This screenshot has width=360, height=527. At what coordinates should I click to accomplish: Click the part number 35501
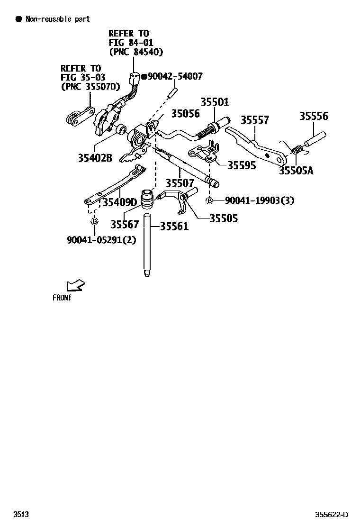click(x=215, y=102)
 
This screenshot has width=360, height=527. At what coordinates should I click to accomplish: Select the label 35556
click(x=314, y=116)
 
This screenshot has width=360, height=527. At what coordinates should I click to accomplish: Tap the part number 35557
click(x=255, y=120)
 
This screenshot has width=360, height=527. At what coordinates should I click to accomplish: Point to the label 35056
click(x=185, y=114)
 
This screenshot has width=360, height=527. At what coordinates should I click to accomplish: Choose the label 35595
click(x=242, y=165)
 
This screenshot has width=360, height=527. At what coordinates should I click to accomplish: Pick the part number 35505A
click(x=296, y=171)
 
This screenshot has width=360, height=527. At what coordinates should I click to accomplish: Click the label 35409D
click(x=120, y=203)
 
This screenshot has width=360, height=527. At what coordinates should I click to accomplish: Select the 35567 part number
click(x=125, y=224)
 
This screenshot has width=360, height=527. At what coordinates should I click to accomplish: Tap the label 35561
click(x=174, y=227)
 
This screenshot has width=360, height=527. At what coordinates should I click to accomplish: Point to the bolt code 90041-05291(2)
click(x=101, y=240)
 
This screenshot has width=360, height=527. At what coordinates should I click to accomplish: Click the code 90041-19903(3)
click(x=259, y=200)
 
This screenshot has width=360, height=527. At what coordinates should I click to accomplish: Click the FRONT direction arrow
click(x=75, y=285)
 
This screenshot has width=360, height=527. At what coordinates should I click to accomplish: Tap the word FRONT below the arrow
click(x=62, y=298)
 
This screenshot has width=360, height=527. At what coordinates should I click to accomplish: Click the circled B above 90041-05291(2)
click(x=94, y=221)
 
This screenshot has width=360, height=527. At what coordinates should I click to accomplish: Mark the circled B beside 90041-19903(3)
click(x=209, y=201)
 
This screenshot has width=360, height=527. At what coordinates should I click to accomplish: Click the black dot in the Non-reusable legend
click(x=18, y=19)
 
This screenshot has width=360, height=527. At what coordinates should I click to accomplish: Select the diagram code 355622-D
click(x=332, y=515)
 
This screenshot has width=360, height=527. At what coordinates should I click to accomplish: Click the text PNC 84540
click(x=136, y=52)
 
